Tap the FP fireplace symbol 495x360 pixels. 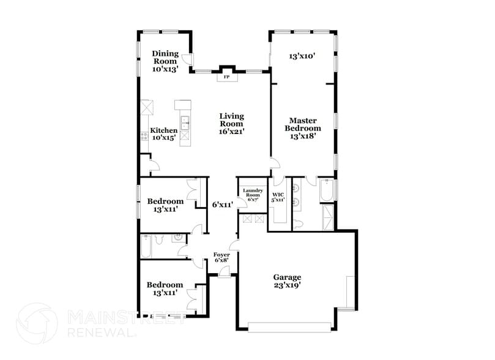pos(226,77)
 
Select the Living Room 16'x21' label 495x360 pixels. pos(232,123)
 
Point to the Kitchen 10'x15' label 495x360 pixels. pos(163,134)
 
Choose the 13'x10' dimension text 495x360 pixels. pos(302,56)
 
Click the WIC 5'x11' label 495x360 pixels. pos(278,197)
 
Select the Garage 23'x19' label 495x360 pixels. pos(287,280)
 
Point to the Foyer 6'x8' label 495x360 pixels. pos(221,257)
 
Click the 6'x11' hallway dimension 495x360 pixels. pos(222,204)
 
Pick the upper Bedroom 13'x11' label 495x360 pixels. pos(165,205)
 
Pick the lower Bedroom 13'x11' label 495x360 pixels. pos(165,288)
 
